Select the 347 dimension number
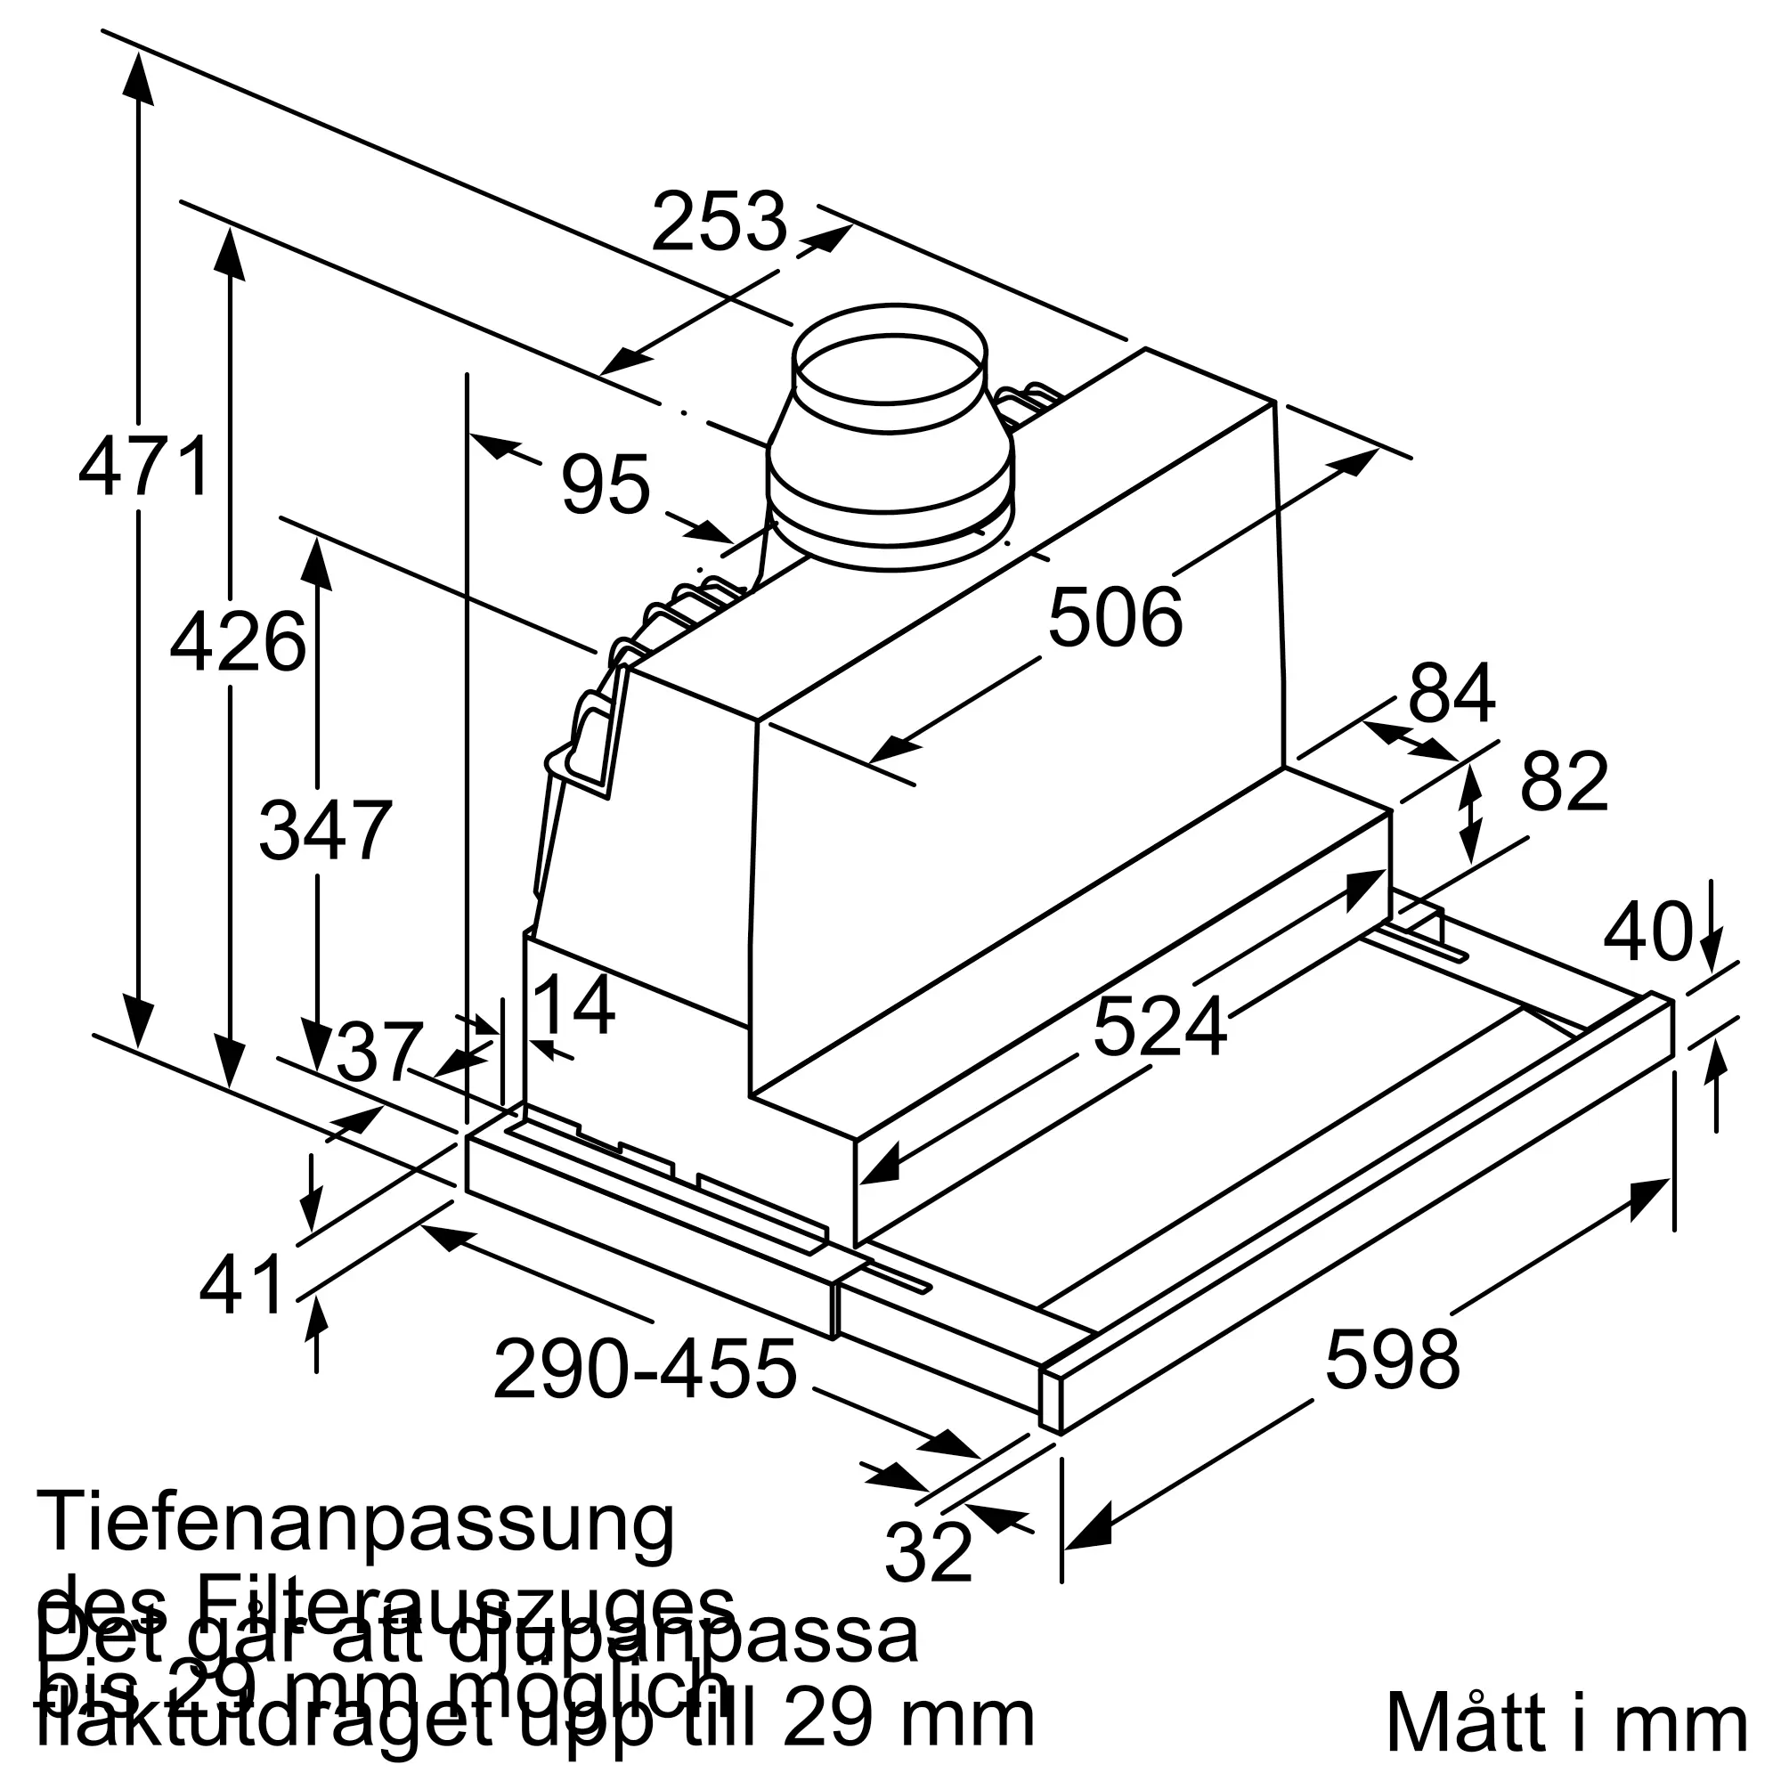click(325, 831)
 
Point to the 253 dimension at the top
click(719, 222)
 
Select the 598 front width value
click(1392, 1359)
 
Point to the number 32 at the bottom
click(927, 1551)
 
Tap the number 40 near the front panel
click(1648, 932)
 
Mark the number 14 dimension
click(573, 1007)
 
